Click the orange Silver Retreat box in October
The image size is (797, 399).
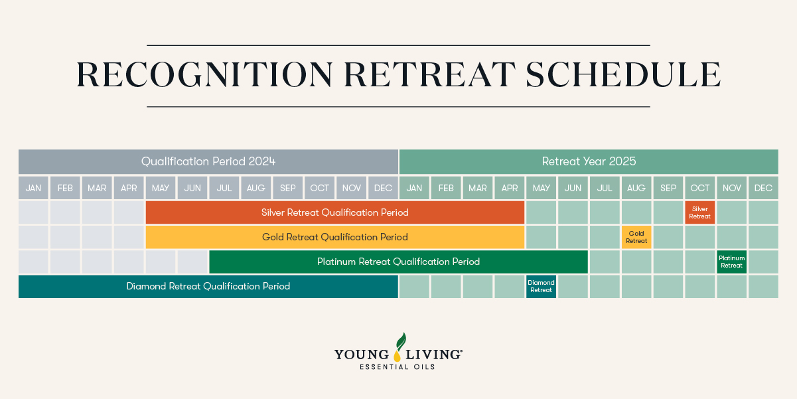point(700,212)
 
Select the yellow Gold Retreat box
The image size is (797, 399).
point(636,237)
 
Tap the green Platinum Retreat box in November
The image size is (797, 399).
point(731,262)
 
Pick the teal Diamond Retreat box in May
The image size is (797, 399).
point(541,286)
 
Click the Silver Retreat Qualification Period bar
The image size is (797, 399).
point(335,212)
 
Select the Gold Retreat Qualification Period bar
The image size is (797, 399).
point(335,237)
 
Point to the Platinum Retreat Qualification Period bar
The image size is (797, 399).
point(398,262)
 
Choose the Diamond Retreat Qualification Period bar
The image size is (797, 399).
point(208,286)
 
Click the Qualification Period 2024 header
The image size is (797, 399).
point(208,161)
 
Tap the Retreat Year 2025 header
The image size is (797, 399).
point(589,161)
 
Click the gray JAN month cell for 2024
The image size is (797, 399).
point(33,188)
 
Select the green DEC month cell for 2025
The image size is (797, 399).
point(764,188)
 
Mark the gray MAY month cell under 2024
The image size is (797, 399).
point(161,188)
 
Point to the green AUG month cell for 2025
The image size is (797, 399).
point(636,188)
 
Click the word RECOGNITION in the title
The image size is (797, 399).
point(204,74)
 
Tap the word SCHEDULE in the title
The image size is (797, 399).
point(623,74)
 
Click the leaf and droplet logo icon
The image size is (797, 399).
point(399,347)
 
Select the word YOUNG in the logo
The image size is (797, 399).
point(362,355)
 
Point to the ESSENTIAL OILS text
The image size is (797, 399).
point(398,367)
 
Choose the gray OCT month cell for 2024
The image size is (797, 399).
point(319,188)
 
